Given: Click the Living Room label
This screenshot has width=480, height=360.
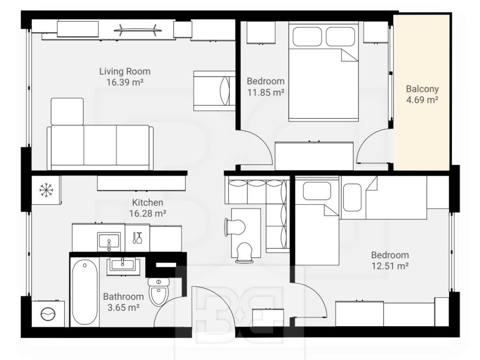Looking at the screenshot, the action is point(125,71).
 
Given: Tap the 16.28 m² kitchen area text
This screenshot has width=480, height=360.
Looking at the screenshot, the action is point(148,213).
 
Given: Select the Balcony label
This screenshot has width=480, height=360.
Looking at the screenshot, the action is point(422,89).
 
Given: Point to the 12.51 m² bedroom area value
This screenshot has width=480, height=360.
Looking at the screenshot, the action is point(390,266).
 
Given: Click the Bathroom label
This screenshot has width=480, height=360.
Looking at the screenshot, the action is point(123,296).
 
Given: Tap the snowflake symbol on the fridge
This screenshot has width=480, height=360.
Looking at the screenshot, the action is point(46,190).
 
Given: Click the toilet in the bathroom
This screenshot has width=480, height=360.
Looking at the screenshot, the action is point(158,292).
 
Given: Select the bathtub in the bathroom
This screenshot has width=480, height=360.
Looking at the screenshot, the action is point(85,292).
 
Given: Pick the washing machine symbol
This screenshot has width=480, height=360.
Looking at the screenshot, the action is point(48,314).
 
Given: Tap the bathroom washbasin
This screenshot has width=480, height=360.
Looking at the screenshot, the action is point(123,265).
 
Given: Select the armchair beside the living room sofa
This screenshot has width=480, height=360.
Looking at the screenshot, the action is point(67,112).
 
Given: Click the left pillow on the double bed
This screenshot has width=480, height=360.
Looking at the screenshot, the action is point(307,37).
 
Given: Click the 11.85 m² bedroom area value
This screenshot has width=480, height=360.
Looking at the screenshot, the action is point(266,92).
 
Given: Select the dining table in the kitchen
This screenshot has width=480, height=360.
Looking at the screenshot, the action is point(246,233).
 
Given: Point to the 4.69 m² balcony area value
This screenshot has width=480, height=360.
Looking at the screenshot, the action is point(422,99).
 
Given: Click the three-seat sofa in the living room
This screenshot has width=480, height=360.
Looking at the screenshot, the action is point(100,148).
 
